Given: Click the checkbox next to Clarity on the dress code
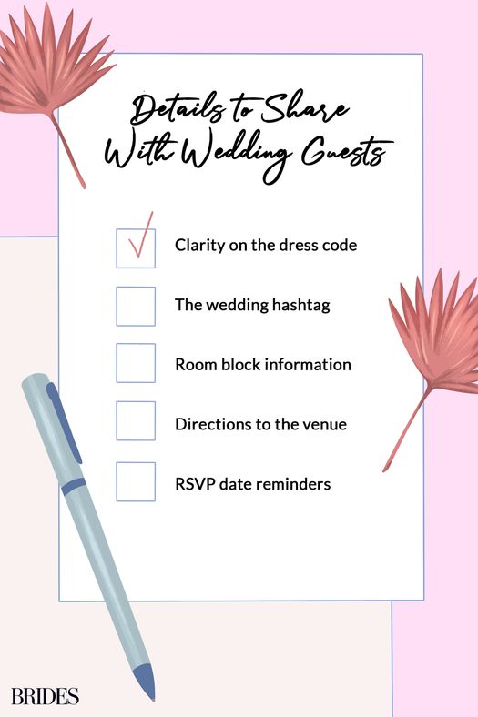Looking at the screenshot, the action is click(136, 248).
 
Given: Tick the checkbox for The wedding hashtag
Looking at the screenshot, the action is click(136, 307).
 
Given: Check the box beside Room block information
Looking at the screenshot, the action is click(136, 363).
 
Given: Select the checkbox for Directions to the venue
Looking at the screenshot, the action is click(136, 420).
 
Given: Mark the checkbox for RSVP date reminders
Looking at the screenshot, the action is click(136, 481).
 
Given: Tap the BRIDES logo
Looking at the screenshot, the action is click(45, 696).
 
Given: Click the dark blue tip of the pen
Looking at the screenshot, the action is click(146, 682).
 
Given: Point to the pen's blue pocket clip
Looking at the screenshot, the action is click(64, 422).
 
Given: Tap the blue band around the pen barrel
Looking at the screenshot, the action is click(74, 486).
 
